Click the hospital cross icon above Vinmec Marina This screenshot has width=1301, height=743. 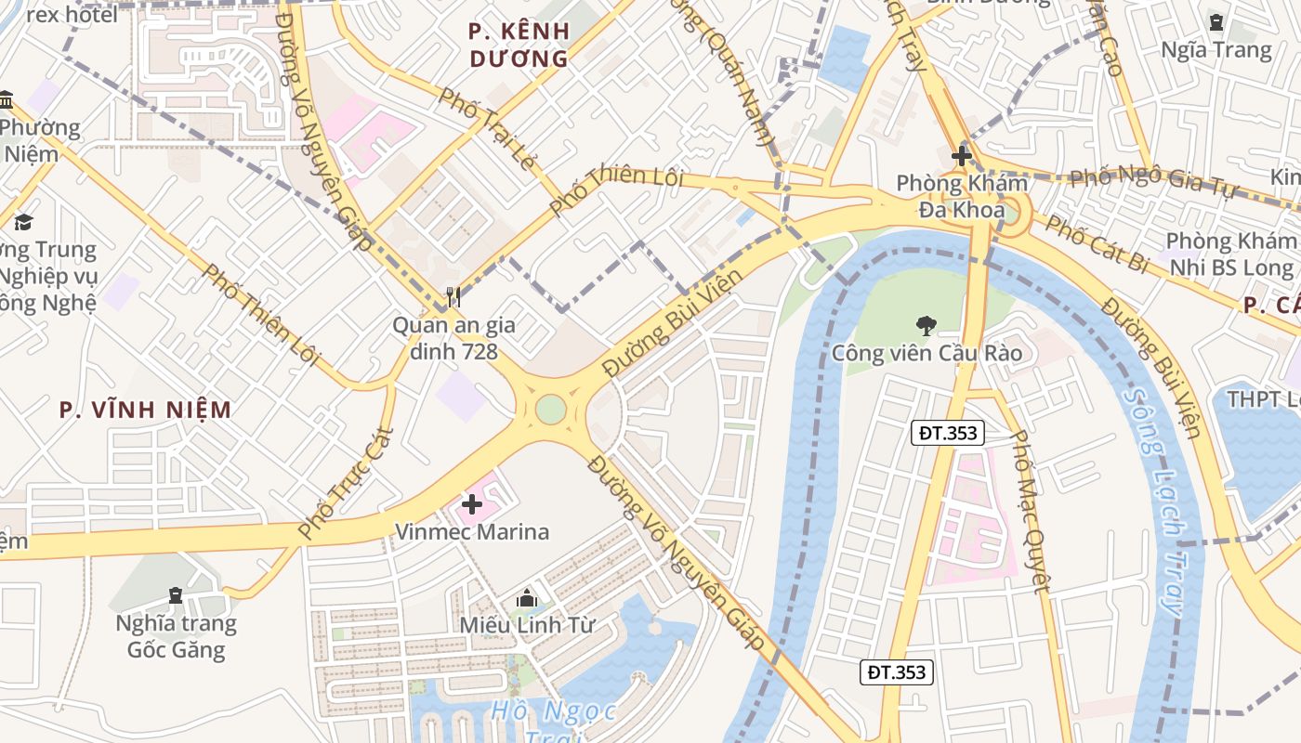click(472, 505)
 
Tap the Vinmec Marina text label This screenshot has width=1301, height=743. click(472, 532)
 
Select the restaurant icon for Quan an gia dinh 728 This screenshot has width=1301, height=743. click(453, 297)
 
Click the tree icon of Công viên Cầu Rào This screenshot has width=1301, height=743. click(926, 325)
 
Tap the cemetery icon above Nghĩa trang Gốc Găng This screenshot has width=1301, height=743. click(176, 594)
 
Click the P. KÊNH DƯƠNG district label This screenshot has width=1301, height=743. click(519, 45)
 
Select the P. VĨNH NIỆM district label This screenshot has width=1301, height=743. click(145, 410)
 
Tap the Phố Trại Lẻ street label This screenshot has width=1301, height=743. click(487, 129)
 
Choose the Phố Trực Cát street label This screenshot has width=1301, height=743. click(347, 483)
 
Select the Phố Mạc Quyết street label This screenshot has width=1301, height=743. click(1030, 511)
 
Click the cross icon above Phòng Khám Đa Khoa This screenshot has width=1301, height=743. click(961, 156)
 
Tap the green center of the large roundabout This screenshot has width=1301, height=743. click(550, 409)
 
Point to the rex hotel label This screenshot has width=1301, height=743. click(72, 15)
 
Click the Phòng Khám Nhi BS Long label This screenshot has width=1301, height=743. click(1230, 255)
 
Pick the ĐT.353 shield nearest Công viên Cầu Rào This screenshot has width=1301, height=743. click(946, 432)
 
